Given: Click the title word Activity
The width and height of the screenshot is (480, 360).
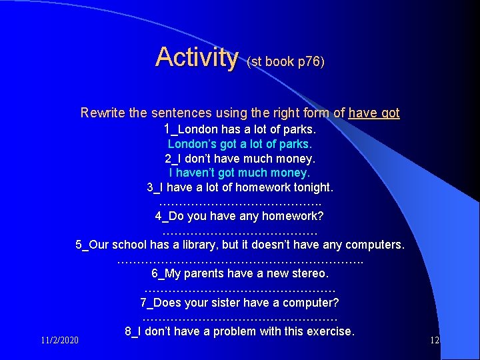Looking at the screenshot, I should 196,57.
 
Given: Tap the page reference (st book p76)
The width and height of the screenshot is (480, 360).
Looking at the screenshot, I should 285,61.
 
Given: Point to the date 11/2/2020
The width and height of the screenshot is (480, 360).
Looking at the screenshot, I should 59,341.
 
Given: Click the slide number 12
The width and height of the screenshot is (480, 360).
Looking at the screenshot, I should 434,341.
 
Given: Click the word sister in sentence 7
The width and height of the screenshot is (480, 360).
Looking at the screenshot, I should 234,303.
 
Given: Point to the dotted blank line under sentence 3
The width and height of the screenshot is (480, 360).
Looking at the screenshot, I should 240,201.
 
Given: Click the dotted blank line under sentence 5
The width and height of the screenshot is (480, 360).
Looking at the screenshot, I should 240,259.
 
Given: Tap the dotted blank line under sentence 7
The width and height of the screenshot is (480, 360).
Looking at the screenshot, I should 240,317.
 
